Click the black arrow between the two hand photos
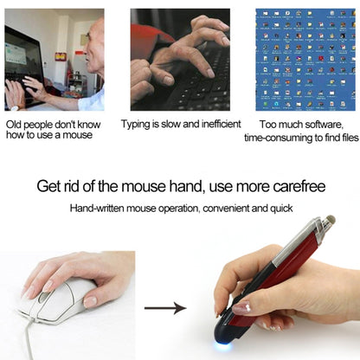pos(164,307)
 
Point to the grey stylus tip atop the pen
pos(330,223)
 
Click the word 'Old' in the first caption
pos(15,124)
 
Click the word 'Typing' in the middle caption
pos(138,124)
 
